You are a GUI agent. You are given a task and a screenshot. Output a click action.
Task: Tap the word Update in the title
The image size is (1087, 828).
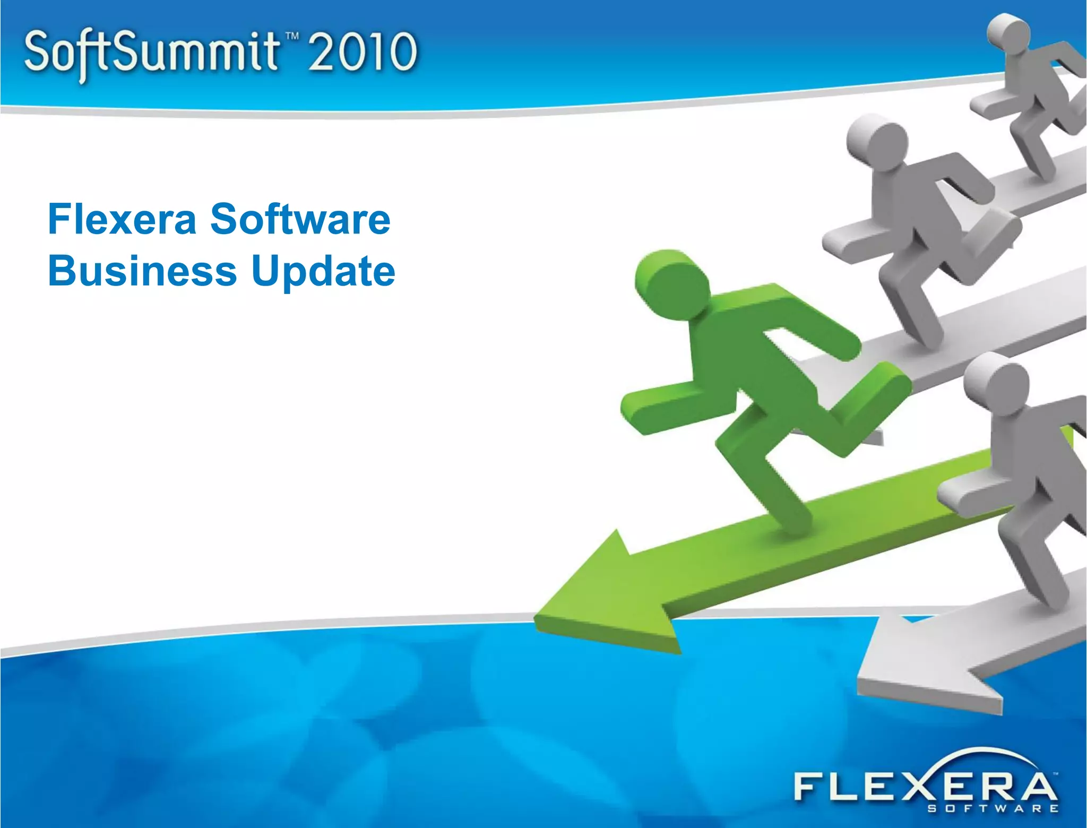(x=323, y=272)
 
